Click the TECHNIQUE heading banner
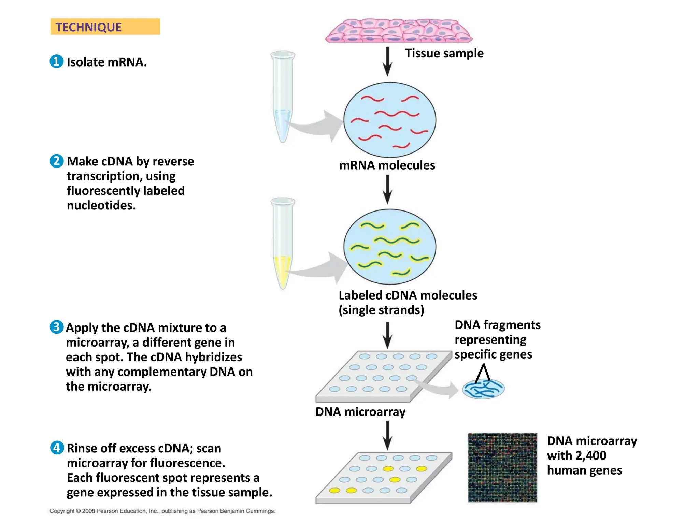coord(105,27)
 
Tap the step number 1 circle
coord(56,61)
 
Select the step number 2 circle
coord(56,161)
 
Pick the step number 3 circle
coord(56,327)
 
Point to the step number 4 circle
coord(57,448)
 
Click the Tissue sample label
coord(444,53)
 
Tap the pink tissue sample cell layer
coord(398,31)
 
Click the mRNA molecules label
coord(387,165)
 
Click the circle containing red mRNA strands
coord(389,120)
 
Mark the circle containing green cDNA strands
coord(389,247)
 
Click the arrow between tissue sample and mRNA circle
coord(387,61)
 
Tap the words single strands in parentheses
coord(381,310)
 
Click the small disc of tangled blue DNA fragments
coord(483,389)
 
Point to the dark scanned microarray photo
coord(502,467)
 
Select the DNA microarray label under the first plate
coord(360,412)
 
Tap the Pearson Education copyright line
coord(162,511)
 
